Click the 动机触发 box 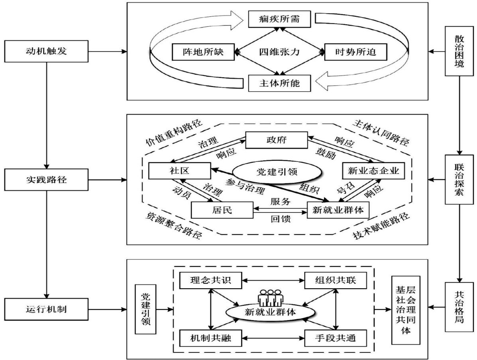(47, 51)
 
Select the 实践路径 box (47, 180)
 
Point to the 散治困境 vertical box (459, 51)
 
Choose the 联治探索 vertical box (459, 180)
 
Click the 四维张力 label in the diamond (279, 51)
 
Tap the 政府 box (276, 140)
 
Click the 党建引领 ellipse (277, 172)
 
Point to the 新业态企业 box (373, 171)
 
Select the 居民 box (222, 210)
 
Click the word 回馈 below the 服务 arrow (281, 218)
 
